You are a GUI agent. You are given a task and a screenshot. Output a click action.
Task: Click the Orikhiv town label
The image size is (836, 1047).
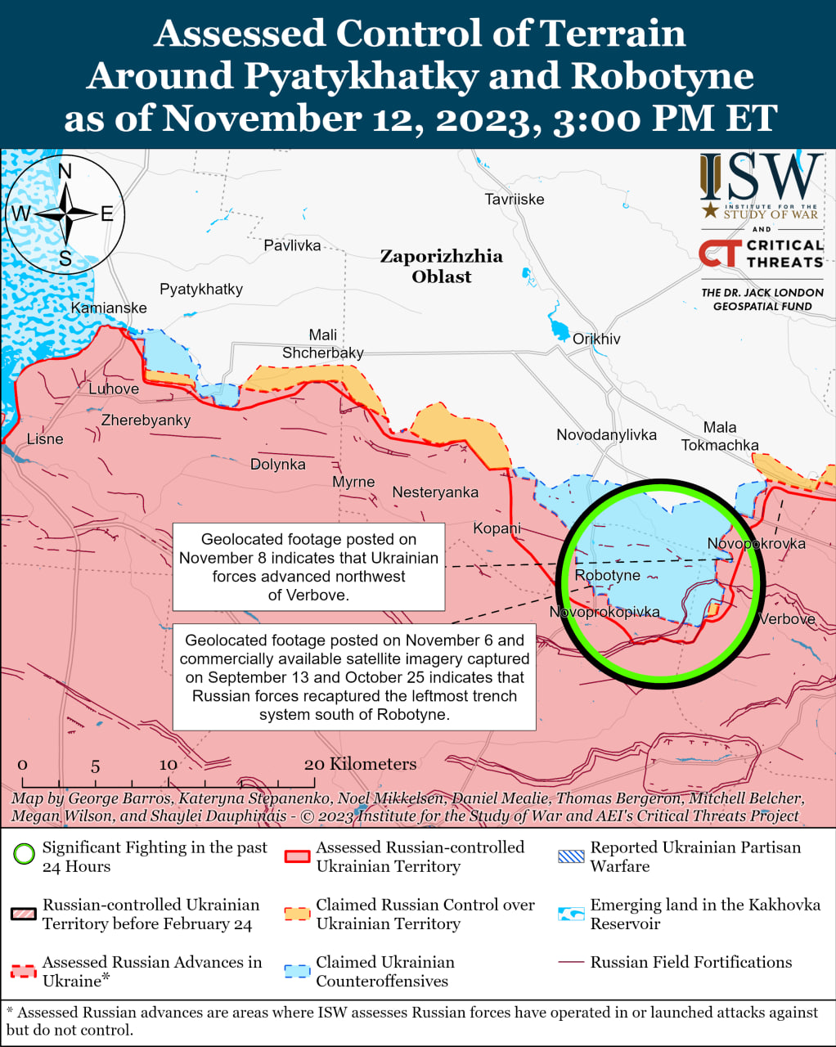(596, 339)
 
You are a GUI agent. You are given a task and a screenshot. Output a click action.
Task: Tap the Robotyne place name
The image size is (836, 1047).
(607, 575)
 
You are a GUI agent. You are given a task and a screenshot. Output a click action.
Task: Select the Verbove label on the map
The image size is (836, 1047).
(786, 619)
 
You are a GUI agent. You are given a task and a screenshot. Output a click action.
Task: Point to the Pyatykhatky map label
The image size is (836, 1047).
(201, 289)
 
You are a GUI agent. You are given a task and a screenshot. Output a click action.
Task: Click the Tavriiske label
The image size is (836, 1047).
(514, 199)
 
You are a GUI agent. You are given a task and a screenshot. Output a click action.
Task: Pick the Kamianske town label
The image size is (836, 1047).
(109, 308)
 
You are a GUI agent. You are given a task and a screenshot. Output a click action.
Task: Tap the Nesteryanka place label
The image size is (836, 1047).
(435, 492)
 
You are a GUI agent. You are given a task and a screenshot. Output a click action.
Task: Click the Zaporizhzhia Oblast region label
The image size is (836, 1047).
(441, 266)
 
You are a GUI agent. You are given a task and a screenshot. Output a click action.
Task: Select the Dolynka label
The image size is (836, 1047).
(277, 464)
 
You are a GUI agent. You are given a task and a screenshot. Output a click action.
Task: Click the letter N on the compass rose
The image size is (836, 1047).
(65, 171)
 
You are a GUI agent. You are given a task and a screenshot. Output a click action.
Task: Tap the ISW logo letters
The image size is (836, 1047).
(761, 177)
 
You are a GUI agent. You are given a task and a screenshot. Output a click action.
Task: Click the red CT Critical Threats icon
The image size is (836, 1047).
(719, 253)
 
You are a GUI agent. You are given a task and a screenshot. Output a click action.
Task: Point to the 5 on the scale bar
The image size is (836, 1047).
(95, 766)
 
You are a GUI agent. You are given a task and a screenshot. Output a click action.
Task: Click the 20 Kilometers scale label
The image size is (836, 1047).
(360, 764)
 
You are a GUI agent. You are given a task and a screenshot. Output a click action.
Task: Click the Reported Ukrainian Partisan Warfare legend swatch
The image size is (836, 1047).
(570, 856)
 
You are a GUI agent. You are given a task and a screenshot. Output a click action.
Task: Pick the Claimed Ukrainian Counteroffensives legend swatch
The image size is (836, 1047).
(297, 971)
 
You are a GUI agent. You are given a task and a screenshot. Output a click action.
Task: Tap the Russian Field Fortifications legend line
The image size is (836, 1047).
(570, 963)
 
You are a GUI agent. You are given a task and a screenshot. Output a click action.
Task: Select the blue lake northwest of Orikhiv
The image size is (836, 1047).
(560, 330)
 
